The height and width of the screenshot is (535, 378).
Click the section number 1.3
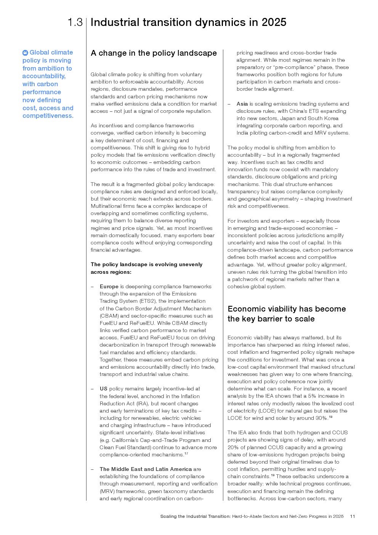75,22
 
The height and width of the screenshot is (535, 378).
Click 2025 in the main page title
274,22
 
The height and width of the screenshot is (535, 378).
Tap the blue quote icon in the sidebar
25,53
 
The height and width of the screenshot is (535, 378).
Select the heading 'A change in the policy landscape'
154,53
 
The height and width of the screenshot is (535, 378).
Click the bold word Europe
109,286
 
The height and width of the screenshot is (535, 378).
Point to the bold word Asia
242,104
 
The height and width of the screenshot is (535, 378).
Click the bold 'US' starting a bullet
103,389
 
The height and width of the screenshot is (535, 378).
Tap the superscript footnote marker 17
186,453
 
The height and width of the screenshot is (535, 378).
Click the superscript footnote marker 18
330,417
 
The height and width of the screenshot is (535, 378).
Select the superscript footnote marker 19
272,475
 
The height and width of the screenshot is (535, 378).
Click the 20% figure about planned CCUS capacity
233,447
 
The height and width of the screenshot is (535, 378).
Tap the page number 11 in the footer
352,516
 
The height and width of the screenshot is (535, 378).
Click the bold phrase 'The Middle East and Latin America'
146,469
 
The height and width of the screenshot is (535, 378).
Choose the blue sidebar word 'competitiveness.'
48,116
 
